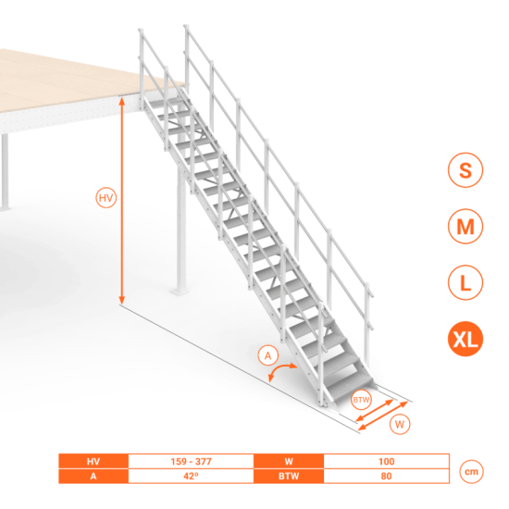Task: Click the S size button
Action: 466,169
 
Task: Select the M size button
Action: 466,226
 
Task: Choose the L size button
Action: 466,282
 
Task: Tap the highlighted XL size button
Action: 466,339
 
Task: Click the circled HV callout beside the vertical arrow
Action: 106,198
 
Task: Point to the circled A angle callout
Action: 268,356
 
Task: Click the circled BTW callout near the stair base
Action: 361,400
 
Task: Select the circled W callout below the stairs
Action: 400,424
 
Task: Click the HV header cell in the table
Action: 93,461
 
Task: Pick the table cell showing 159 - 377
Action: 191,461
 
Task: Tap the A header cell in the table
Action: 93,476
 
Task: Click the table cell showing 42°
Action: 191,476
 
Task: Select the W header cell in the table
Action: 289,461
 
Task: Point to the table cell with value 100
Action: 386,461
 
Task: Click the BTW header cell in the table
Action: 289,476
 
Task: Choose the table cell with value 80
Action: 386,476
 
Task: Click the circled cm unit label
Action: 471,472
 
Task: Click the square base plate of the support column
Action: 180,292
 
